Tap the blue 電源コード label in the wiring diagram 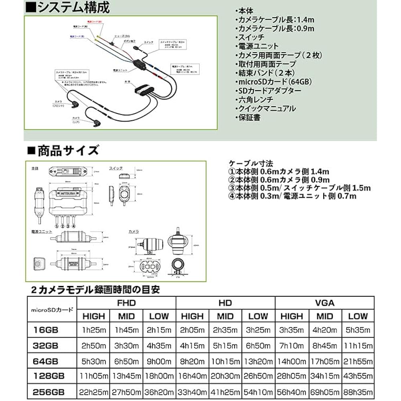click(77, 36)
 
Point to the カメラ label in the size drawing click(134, 232)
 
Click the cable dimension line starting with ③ click(300, 188)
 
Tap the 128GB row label click(49, 376)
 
